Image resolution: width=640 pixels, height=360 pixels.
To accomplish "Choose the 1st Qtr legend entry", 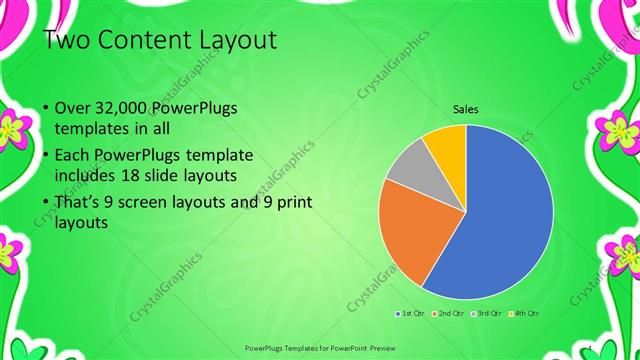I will point(410,314).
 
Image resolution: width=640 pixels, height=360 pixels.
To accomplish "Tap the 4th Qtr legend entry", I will point(527,314).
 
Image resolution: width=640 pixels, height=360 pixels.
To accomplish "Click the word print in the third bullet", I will point(292,202).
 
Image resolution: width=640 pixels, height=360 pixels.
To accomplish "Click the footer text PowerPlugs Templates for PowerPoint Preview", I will point(320,349).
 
